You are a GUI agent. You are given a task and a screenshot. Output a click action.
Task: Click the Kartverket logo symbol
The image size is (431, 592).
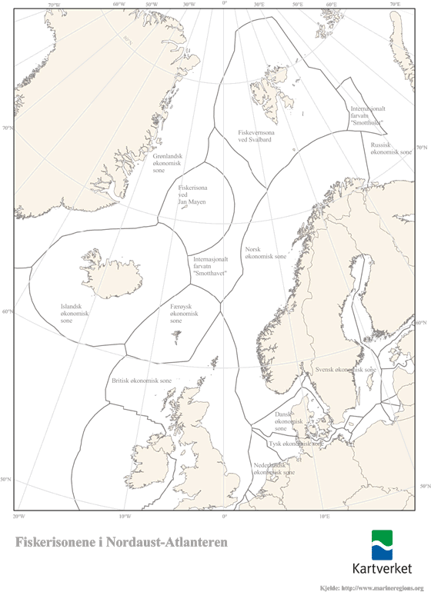coord(382,545)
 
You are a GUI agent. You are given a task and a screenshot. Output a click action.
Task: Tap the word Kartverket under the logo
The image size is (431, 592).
coord(382,570)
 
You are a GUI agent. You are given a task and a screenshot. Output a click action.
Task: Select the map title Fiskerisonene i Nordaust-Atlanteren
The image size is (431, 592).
coord(122,542)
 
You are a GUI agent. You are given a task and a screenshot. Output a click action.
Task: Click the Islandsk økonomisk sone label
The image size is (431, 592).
coord(76,313)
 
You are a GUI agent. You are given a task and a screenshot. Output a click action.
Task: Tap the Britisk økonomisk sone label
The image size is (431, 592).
coord(142,381)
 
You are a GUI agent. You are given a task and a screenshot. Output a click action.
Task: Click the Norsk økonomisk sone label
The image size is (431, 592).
coord(266,253)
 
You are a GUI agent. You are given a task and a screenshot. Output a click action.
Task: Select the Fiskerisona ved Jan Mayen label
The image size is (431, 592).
coord(192,195)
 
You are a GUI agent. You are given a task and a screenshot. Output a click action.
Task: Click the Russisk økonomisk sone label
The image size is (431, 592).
coord(391,148)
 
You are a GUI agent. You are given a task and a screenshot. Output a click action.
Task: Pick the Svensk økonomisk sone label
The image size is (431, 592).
coord(346,370)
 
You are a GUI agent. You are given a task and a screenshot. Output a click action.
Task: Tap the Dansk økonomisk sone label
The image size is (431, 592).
coord(289,421)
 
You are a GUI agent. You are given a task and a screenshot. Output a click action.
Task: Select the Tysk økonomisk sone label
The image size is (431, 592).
coord(294,444)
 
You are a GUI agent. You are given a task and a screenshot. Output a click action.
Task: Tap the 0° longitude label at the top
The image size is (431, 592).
coord(224,4)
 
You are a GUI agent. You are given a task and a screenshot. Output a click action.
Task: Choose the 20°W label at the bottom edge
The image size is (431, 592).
coord(20,515)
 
